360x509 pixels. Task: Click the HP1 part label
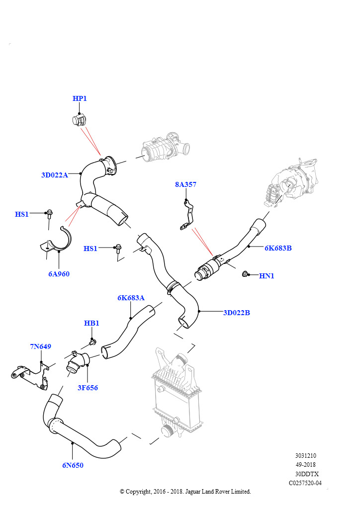[x=80, y=98]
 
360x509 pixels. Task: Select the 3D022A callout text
[x=55, y=175]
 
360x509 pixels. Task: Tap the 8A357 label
[x=185, y=184]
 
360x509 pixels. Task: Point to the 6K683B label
[x=278, y=248]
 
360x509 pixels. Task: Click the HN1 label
[x=267, y=276]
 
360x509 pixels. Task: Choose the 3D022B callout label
[x=237, y=313]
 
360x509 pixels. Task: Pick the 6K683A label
[x=131, y=298]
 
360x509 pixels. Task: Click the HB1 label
[x=91, y=323]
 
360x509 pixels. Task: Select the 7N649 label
[x=41, y=346]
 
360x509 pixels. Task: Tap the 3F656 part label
[x=88, y=388]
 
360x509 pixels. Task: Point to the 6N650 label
[x=73, y=465]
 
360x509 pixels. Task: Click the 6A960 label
[x=59, y=274]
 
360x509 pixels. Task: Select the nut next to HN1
[x=245, y=274]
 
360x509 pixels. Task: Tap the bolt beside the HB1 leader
[x=92, y=342]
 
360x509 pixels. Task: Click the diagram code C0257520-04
[x=305, y=483]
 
